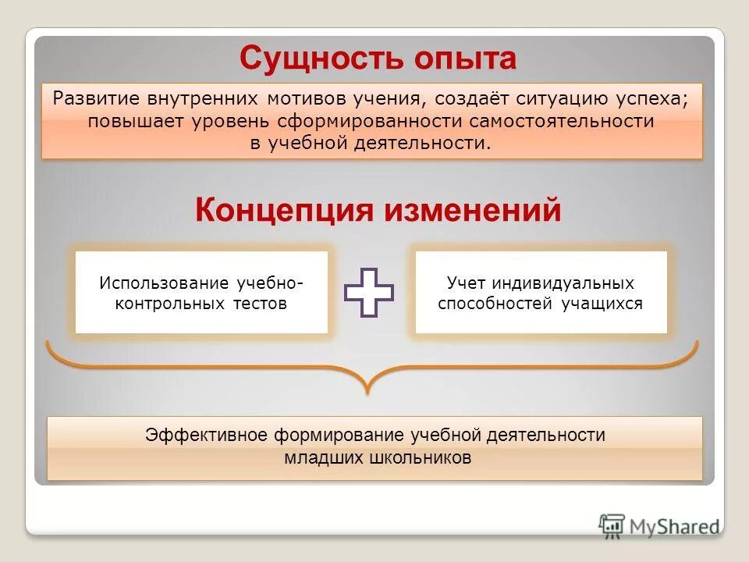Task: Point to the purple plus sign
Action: [x=369, y=293]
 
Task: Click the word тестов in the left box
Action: [x=261, y=304]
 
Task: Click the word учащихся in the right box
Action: [x=602, y=304]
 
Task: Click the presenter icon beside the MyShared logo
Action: [x=612, y=525]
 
